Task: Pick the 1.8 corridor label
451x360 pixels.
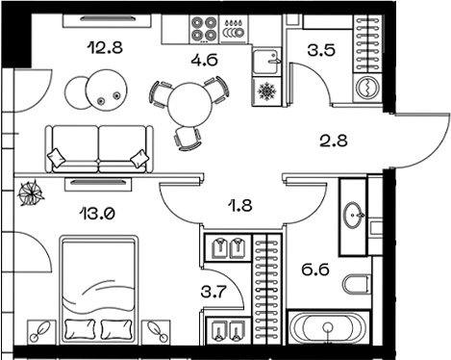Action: (240, 204)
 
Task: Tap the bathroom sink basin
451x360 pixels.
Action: (352, 215)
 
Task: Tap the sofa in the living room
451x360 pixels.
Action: (98, 149)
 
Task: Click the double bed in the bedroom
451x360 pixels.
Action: (98, 288)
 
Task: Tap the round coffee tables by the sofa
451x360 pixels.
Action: (97, 92)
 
